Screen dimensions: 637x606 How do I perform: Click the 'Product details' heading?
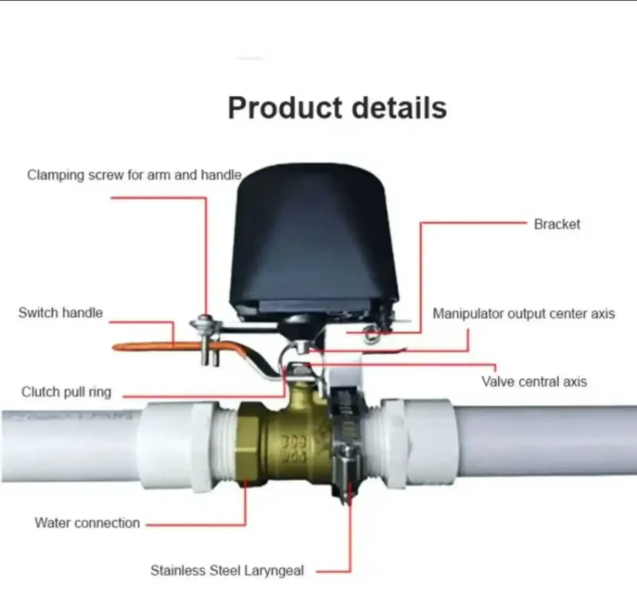pos(337,108)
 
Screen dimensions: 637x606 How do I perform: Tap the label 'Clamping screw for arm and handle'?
pos(134,175)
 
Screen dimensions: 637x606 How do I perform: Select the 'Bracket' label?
pos(557,224)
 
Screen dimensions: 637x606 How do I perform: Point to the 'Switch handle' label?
pos(61,313)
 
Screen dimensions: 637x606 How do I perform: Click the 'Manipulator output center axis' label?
pos(524,314)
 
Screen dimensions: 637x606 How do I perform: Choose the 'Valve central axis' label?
pos(534,382)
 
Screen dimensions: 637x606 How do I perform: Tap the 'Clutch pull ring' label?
pos(66,392)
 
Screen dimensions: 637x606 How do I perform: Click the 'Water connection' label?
pos(87,523)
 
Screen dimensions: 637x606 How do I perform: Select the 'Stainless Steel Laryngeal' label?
pos(227,571)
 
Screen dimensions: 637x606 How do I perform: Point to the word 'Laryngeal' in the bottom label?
pos(274,571)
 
